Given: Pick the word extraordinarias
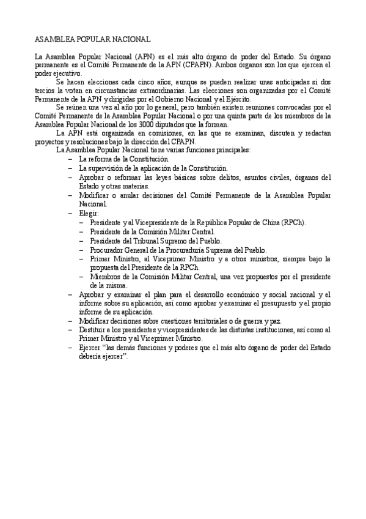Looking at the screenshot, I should [149, 91].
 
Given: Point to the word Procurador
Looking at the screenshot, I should [109, 250].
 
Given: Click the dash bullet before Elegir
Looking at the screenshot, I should [71, 213].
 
